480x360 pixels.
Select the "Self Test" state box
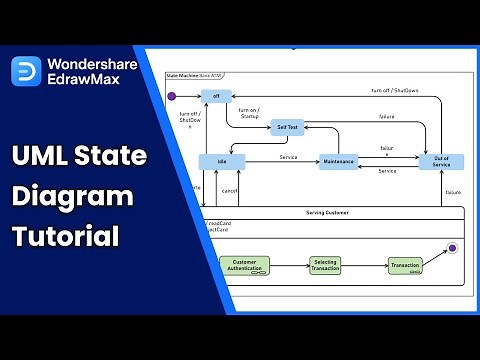click(286, 127)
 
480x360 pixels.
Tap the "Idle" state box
click(221, 161)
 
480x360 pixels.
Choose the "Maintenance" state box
click(339, 161)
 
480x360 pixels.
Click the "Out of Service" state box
click(441, 161)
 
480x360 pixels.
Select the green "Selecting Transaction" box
click(325, 265)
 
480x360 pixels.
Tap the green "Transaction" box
click(404, 265)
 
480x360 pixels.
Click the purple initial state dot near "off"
click(171, 96)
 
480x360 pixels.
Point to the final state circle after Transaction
click(452, 246)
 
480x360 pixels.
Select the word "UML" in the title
click(40, 157)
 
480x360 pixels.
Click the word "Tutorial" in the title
click(65, 237)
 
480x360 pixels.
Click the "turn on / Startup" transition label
click(250, 113)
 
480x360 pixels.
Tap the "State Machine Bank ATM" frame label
click(197, 76)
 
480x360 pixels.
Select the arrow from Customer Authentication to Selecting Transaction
click(287, 265)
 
